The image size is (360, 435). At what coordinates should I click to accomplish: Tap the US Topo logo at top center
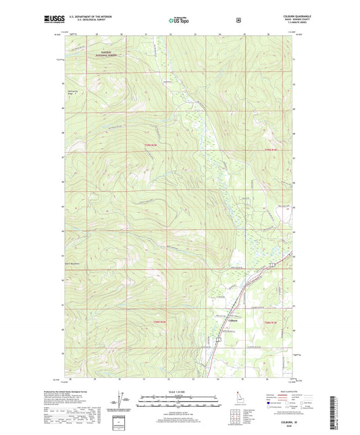(179, 20)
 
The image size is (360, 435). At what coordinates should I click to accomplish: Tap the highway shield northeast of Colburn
(272, 264)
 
